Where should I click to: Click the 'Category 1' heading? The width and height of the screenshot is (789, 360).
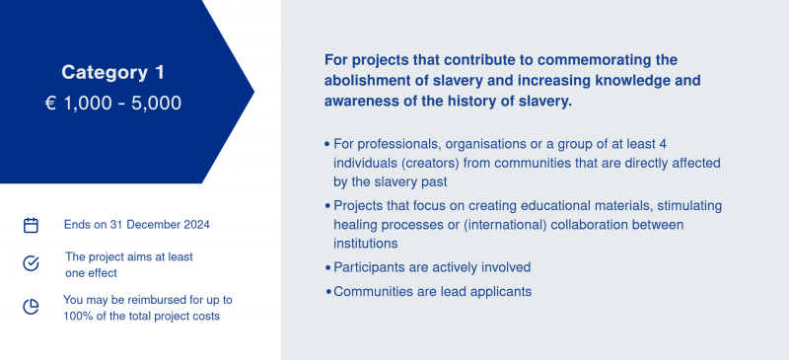[x=112, y=73]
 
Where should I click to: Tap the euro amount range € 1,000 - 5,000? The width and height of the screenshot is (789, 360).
[x=113, y=104]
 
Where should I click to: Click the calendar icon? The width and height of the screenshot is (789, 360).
[x=32, y=225]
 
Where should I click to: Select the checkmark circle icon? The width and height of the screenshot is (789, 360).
[x=32, y=263]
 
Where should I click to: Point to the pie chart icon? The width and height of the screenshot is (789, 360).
[x=32, y=307]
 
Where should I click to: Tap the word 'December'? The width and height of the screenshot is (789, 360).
[x=153, y=225]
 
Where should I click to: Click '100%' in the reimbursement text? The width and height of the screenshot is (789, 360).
[x=75, y=317]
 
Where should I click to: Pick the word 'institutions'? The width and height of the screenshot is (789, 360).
[x=366, y=244]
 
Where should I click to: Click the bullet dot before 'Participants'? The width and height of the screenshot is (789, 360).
[x=328, y=268]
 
